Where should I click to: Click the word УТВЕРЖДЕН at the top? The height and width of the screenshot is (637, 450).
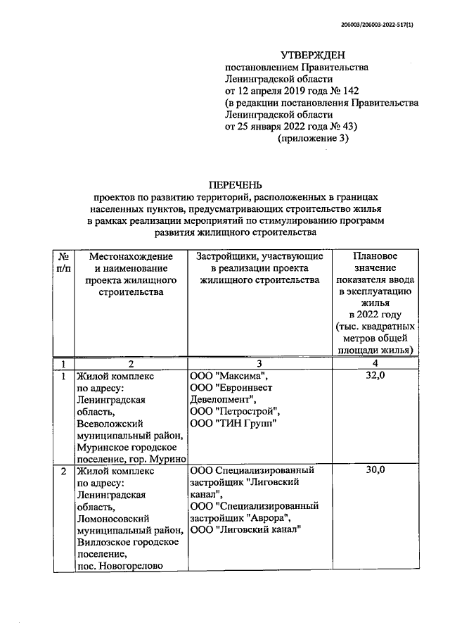[313, 55]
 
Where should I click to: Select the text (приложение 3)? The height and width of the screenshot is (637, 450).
[313, 138]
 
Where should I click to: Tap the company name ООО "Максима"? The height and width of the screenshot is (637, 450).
[229, 377]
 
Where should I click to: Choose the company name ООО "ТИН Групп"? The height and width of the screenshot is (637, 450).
[233, 422]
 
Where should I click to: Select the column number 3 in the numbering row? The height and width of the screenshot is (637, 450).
[259, 363]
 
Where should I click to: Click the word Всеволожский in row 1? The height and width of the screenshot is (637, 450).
[110, 424]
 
